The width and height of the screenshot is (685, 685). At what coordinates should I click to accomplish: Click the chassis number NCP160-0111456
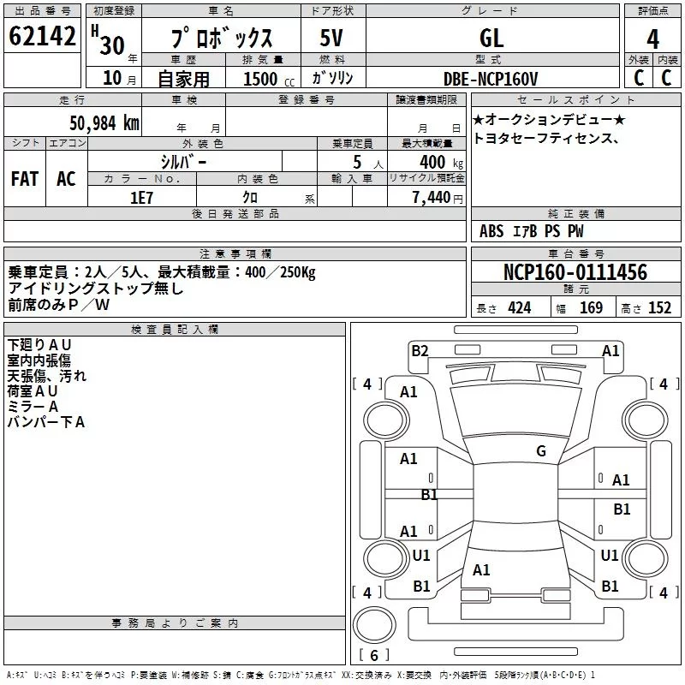click(575, 272)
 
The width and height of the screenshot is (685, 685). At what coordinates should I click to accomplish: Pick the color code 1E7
click(141, 197)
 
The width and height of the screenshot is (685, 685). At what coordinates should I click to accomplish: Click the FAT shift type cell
click(24, 178)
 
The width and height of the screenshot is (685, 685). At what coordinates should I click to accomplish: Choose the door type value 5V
click(332, 39)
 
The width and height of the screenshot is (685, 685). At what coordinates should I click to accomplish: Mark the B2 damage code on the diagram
click(420, 350)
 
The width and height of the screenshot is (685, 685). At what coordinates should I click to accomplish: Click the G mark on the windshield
click(540, 451)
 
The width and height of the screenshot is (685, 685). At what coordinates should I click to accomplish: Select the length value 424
click(519, 308)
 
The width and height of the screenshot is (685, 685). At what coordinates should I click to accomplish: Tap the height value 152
click(659, 308)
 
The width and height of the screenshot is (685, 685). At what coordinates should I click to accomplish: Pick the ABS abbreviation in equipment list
click(491, 231)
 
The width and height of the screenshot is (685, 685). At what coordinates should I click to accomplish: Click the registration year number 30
click(111, 45)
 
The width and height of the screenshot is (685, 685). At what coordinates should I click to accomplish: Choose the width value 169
click(591, 308)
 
